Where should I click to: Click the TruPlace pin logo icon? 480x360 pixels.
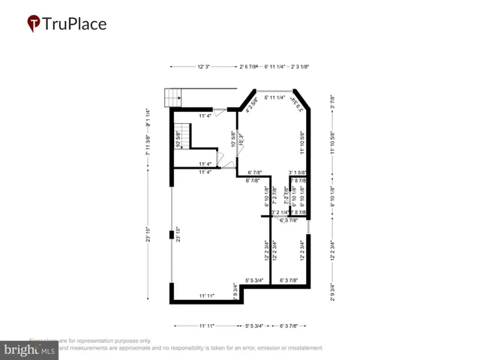pos(34,23)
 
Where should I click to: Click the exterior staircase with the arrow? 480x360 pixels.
pos(173,97)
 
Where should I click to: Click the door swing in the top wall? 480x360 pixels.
pos(219,112)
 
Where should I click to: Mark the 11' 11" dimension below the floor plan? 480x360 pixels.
pos(206,326)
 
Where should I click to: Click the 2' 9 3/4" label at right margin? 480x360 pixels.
pos(332,289)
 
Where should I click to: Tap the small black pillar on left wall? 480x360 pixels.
pos(172,235)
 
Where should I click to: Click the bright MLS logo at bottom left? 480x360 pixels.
pos(30,349)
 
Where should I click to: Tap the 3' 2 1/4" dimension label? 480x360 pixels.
pos(281,213)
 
